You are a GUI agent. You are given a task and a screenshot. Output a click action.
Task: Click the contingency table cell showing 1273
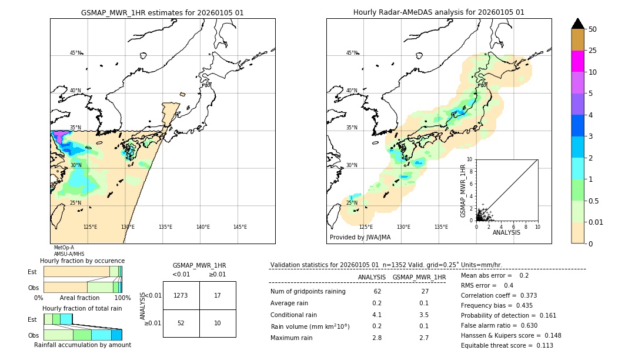pos(181,295)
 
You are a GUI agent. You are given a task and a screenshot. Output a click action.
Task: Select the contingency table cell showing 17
pos(218,295)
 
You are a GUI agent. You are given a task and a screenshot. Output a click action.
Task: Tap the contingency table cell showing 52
pos(181,323)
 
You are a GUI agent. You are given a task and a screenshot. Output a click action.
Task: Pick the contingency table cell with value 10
pos(218,323)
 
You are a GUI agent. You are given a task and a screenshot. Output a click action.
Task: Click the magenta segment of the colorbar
pos(577,61)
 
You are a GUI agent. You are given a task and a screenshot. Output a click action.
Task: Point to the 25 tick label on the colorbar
pos(593,51)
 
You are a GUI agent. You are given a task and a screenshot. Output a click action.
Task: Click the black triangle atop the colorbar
pos(577,24)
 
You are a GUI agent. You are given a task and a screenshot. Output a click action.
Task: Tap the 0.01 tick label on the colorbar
pos(596,222)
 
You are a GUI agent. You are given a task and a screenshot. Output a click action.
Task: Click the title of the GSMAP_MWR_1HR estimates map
pos(162,12)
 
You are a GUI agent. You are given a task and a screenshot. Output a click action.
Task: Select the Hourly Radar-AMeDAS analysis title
pos(439,12)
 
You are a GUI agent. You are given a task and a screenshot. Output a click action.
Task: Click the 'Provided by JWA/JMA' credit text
pos(360,238)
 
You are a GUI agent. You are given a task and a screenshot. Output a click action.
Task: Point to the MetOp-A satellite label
pos(63,248)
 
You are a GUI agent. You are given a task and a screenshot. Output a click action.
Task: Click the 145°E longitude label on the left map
pos(240,227)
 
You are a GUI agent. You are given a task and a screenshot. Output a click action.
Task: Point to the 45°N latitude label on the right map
pos(352,53)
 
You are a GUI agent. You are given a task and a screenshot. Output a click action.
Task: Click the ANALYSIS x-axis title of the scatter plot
pos(506,232)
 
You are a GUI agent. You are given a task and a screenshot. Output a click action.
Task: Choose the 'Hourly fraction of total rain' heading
pos(82,308)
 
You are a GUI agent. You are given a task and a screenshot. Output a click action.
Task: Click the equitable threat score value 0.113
pos(541,345)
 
